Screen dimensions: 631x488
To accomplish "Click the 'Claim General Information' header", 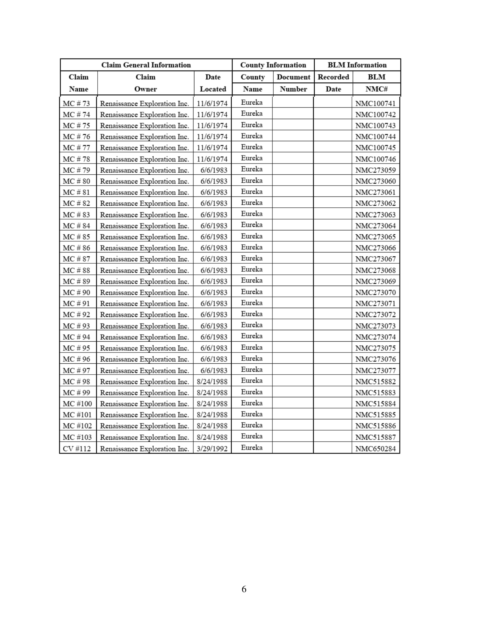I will tap(146, 65).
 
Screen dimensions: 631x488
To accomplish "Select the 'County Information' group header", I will tap(273, 65).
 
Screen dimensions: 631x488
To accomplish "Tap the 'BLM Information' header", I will tap(357, 65).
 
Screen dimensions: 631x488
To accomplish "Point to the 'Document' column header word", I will tap(293, 77).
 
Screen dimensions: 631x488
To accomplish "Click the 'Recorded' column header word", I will tap(333, 77).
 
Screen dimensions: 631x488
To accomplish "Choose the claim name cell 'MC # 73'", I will tap(77, 104).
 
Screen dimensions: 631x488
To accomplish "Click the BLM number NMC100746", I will tap(375, 159).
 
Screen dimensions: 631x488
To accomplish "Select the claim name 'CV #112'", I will tap(77, 448).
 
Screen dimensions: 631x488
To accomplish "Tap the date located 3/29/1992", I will tap(212, 448).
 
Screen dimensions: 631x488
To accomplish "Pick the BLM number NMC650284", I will tap(375, 448).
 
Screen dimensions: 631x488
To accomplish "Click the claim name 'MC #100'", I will tap(77, 404).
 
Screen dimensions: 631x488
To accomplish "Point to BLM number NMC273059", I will tap(375, 170).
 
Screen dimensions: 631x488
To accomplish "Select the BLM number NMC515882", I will tap(375, 381).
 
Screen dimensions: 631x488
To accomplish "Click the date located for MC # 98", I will tap(212, 381).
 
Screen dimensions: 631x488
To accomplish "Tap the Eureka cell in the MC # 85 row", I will tap(252, 236).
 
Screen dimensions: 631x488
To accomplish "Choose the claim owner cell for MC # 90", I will tap(145, 292).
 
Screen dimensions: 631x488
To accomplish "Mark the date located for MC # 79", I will tap(214, 170).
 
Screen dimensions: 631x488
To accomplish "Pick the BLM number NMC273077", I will tap(375, 370).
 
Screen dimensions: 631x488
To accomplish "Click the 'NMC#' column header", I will tap(376, 89).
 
